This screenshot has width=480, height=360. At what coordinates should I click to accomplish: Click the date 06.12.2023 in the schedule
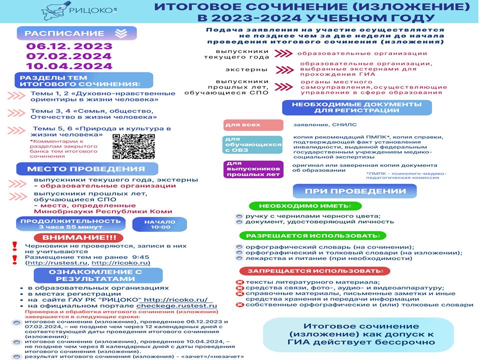tap(69, 46)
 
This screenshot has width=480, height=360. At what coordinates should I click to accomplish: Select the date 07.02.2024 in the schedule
tap(69, 56)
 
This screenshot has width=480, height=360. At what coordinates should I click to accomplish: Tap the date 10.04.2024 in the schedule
tap(69, 66)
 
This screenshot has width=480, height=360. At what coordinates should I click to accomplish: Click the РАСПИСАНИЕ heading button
tap(73, 33)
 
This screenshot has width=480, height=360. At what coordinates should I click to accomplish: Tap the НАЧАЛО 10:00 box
tap(159, 223)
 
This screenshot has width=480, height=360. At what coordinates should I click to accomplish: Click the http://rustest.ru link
tap(57, 262)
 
